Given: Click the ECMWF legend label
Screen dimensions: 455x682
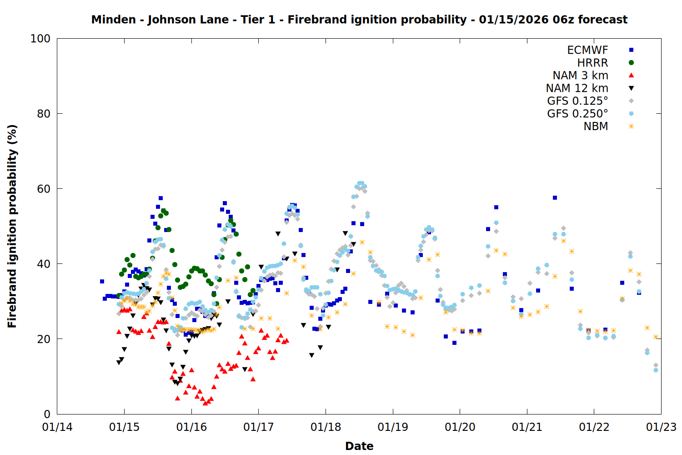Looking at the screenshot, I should coord(587,50).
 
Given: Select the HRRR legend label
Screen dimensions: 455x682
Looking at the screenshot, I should coord(592,63).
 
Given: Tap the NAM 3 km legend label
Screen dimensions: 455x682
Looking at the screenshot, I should coord(580,76).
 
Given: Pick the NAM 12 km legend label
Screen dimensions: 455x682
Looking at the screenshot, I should coord(577,88).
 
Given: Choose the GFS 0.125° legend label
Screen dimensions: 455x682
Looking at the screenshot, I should coord(577,101).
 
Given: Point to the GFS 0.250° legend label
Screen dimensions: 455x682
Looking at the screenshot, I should coord(577,114).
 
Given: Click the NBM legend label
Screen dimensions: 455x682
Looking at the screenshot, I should coord(596,126).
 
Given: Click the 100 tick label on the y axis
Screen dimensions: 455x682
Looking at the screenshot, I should coord(40,39).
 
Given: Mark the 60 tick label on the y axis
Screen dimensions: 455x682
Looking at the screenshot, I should coord(44,189).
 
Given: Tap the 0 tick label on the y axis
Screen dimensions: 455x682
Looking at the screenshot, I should coord(47,414).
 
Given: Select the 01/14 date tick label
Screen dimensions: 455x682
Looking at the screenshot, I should coord(57,427).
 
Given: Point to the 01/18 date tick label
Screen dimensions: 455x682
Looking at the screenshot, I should coord(326,427).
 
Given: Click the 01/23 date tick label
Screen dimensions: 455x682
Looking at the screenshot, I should coord(661,427).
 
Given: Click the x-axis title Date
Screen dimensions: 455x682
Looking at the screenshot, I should coord(359,446).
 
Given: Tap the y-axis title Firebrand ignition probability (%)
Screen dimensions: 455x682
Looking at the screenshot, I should coord(12,226).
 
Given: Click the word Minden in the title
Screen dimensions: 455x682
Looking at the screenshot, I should coord(113,20).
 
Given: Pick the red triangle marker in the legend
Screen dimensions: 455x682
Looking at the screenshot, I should coord(631,76).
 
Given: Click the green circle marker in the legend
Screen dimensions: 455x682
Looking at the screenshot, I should coord(631,63).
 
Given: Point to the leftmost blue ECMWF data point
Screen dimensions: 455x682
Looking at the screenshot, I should coord(102,282).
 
